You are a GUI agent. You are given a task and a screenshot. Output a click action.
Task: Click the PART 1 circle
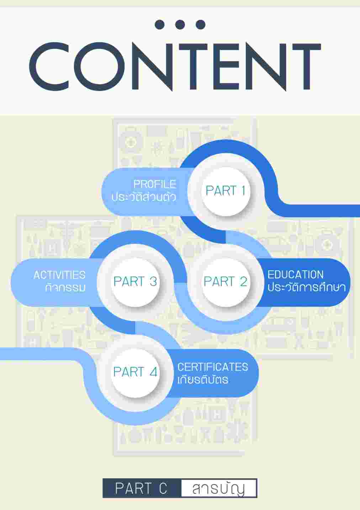[225, 191]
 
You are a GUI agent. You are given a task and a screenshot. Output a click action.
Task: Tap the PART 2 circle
[225, 282]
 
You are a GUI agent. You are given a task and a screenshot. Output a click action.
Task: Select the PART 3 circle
[135, 282]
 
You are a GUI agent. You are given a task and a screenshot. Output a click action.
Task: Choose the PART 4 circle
[135, 372]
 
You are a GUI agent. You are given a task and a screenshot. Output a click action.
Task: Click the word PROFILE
[155, 184]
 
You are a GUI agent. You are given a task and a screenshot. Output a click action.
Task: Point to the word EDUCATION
[295, 275]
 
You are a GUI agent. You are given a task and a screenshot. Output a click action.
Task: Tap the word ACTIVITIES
[59, 275]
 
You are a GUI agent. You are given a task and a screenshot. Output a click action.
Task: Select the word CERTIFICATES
[212, 367]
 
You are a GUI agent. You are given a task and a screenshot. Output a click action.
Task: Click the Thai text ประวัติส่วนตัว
[144, 197]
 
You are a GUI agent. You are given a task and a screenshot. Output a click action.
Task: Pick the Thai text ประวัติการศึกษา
[306, 287]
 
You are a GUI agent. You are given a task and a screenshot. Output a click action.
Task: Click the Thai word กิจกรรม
[65, 288]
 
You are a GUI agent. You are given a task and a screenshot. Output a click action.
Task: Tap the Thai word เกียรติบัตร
[203, 379]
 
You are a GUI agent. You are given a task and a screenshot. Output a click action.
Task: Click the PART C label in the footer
[141, 489]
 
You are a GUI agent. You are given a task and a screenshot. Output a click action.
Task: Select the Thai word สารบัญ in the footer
[218, 489]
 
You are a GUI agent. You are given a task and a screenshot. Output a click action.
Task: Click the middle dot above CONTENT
[180, 24]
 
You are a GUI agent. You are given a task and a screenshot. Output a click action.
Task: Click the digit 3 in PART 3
[153, 282]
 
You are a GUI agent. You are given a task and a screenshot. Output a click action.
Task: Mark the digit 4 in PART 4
[153, 372]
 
